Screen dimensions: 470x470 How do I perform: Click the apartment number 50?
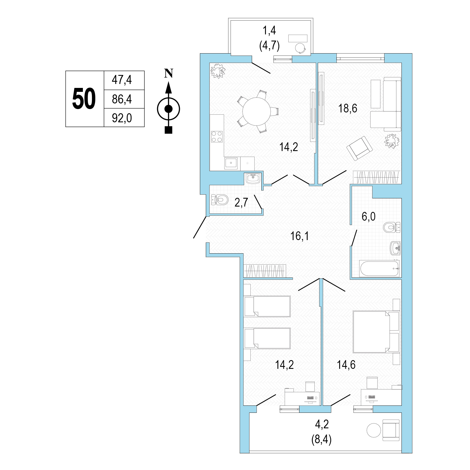point(84,99)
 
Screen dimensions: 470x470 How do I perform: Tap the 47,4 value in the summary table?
point(122,80)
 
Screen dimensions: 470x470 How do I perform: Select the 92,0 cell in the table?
point(122,118)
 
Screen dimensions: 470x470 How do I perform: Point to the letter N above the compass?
point(169,74)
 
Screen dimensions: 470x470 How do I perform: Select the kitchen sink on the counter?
point(231,163)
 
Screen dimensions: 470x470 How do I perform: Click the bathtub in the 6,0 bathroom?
point(379,269)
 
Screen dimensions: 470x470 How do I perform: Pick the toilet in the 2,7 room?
point(220,200)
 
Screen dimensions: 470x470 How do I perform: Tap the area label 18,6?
point(348,108)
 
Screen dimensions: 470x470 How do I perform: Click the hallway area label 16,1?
point(300,236)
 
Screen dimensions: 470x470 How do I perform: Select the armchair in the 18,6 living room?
point(359,148)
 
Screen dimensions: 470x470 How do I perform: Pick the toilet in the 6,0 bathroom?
point(392,227)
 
